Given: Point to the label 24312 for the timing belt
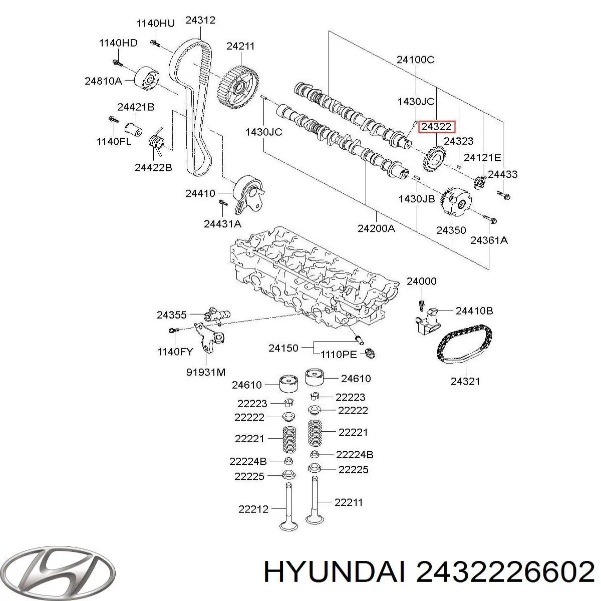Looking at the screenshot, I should click(x=200, y=21).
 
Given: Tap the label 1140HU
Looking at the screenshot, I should click(x=156, y=23).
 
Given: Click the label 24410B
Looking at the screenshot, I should click(x=474, y=311).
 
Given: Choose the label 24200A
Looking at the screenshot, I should click(x=376, y=229).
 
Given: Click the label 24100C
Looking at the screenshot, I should click(x=415, y=60).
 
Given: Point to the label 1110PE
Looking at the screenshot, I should click(x=338, y=354).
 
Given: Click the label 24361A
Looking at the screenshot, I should click(x=489, y=240).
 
